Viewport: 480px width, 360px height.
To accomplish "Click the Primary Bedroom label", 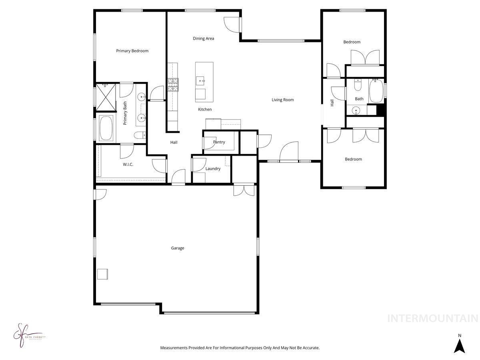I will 132,51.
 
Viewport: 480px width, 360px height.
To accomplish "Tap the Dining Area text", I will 203,38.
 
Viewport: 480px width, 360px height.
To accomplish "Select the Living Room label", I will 282,100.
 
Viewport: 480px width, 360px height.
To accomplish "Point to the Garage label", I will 178,248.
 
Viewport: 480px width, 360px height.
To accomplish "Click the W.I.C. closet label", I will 128,164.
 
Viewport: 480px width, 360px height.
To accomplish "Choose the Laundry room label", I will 213,169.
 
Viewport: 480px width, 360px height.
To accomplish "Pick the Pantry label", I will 219,142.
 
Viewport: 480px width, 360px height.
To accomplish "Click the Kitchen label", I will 205,109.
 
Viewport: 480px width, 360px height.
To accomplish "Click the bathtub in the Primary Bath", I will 106,128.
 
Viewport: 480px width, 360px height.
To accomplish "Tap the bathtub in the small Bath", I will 376,91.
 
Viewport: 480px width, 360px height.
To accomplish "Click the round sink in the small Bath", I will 355,111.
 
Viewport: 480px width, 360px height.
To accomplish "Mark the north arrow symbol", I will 460,344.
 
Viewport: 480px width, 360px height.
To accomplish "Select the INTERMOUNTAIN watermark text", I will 433,318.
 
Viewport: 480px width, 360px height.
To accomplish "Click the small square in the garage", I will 102,274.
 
